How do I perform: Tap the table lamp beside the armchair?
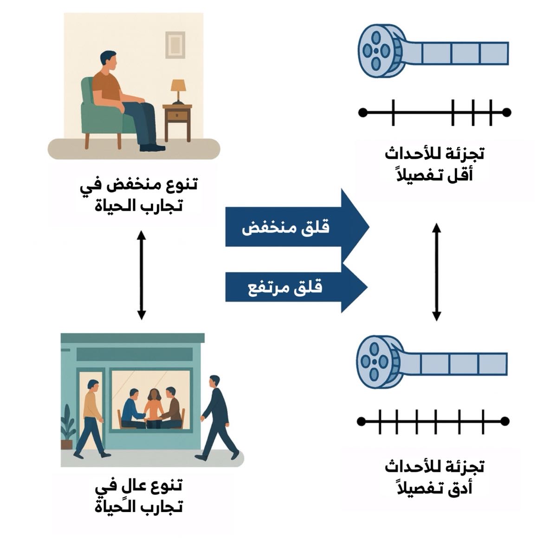[x=178, y=91]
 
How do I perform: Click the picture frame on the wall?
[x=175, y=45]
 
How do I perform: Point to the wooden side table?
[x=177, y=121]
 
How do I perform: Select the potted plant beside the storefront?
[x=68, y=427]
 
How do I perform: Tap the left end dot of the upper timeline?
[x=363, y=112]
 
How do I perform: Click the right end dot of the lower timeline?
[x=505, y=421]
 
